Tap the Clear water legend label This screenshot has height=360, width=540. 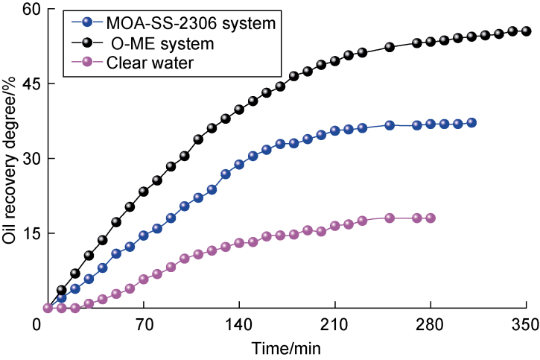pyautogui.click(x=150, y=63)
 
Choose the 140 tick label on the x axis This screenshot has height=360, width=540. pyautogui.click(x=239, y=325)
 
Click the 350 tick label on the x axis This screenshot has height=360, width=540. pyautogui.click(x=526, y=325)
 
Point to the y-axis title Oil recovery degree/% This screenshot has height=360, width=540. pyautogui.click(x=10, y=159)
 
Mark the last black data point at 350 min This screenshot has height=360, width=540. pyautogui.click(x=526, y=31)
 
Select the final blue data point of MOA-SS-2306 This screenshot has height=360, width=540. pyautogui.click(x=471, y=123)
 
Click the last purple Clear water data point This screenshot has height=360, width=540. pyautogui.click(x=431, y=218)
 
